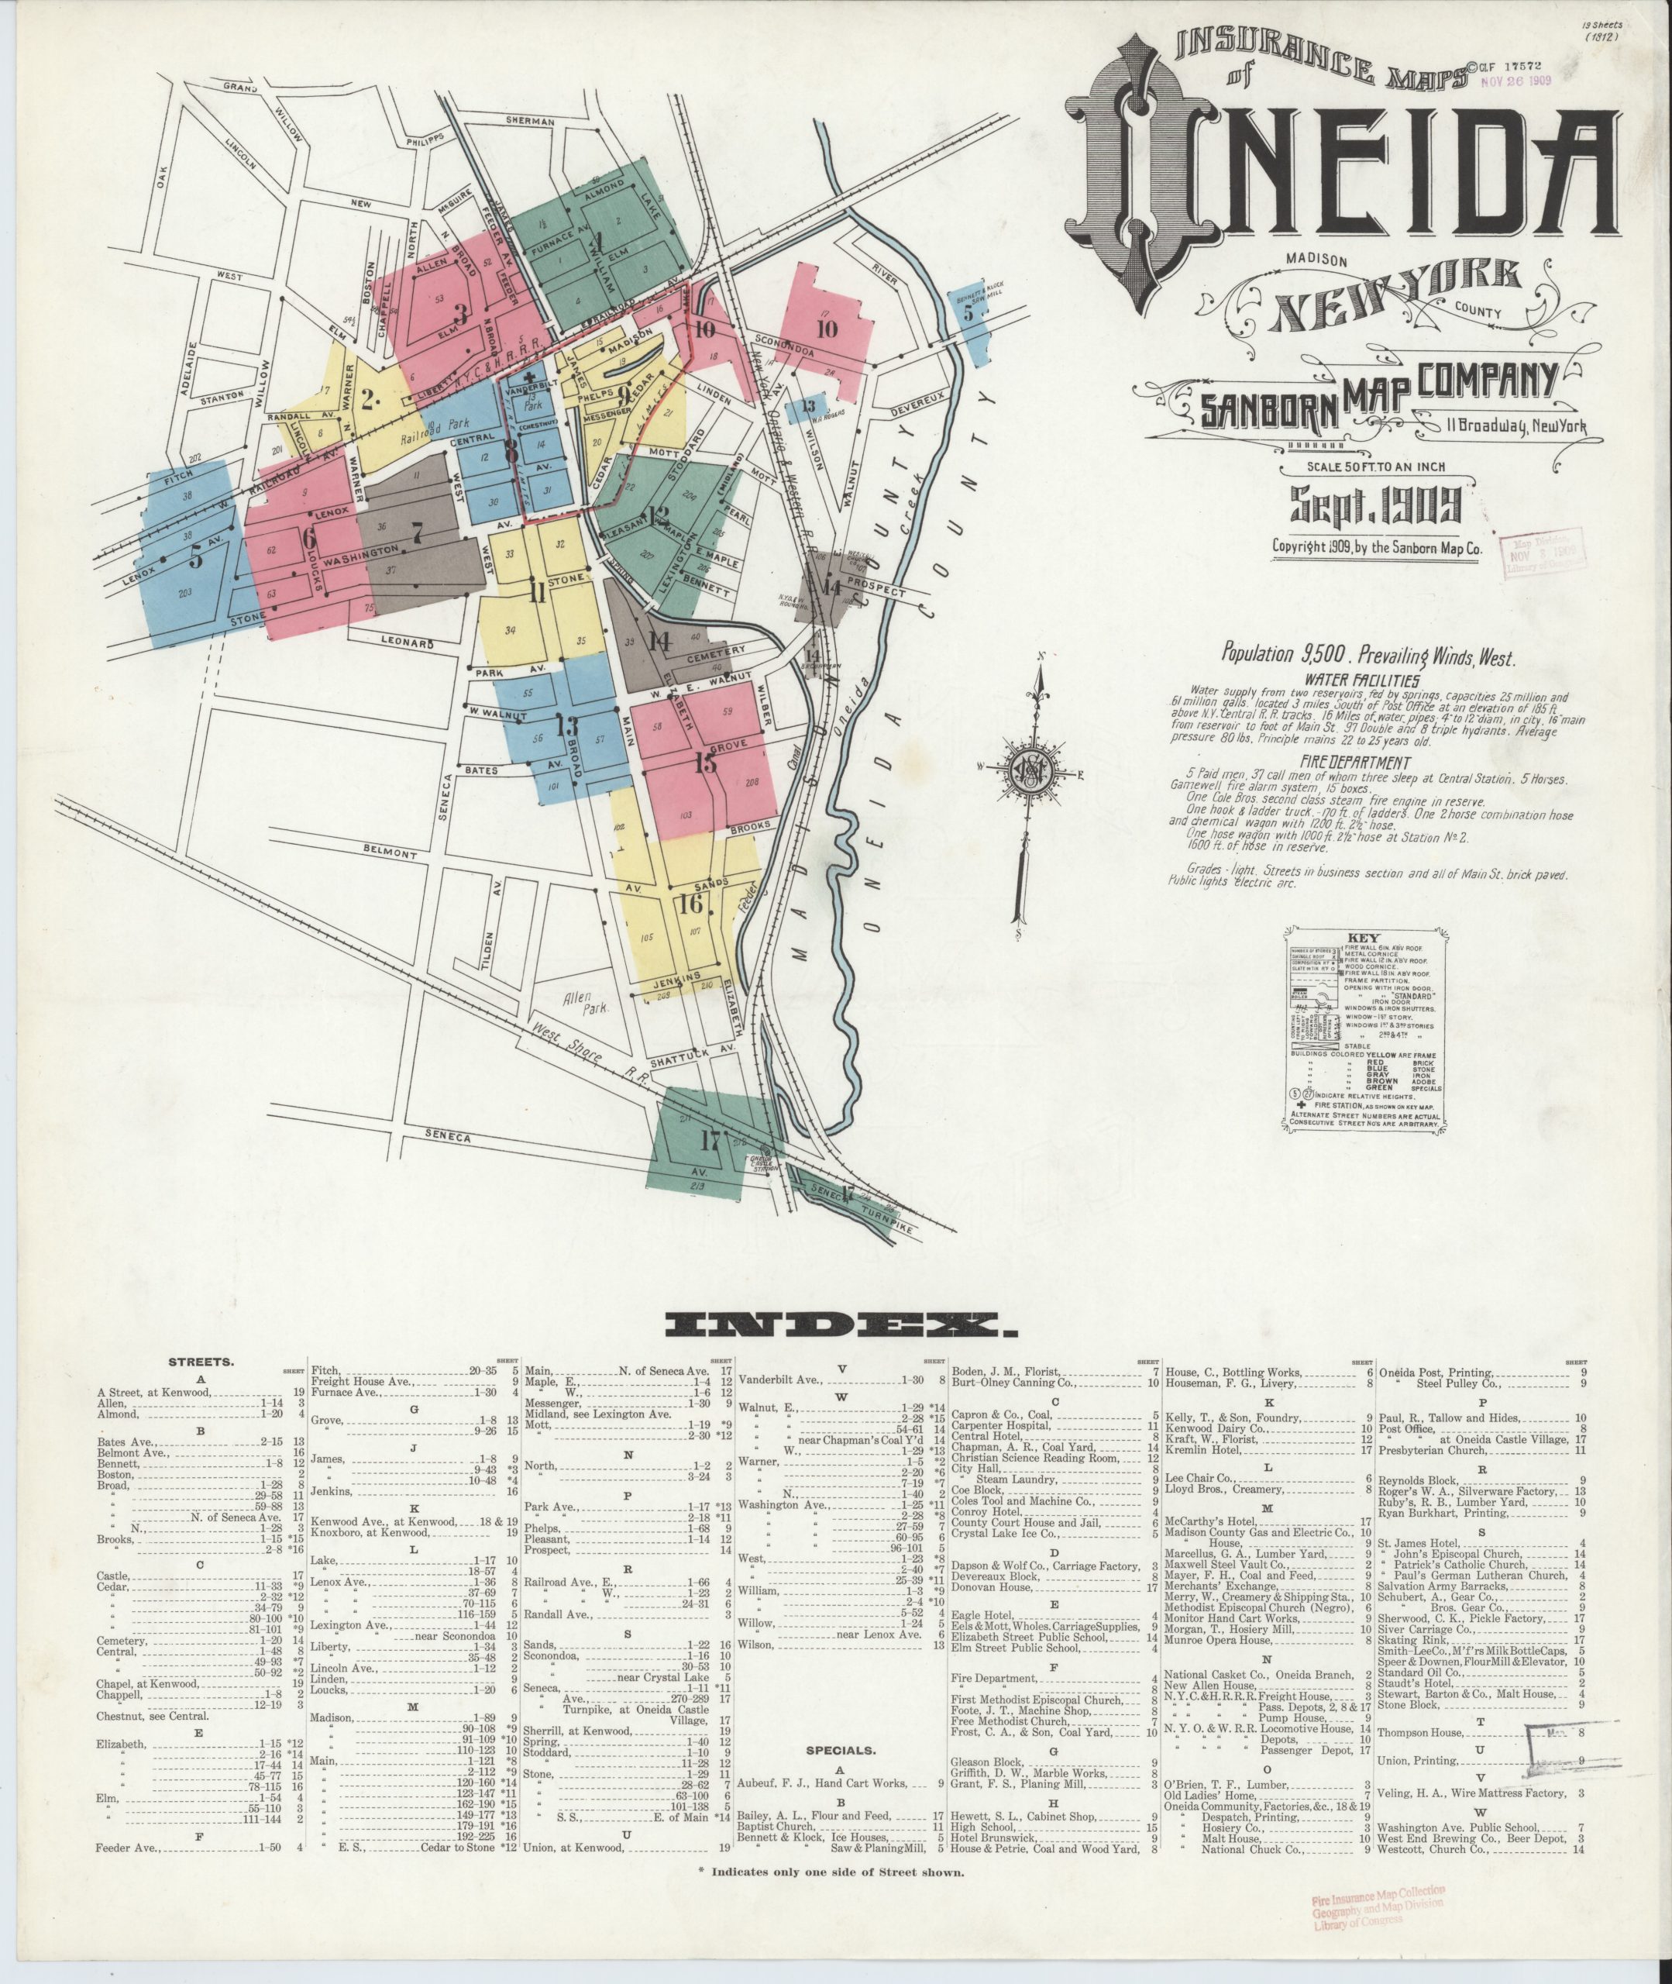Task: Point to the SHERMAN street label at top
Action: (x=530, y=122)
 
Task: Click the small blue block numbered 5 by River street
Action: (x=968, y=314)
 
